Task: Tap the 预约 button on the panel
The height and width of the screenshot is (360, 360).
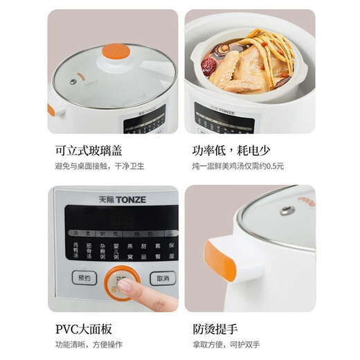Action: click(84, 279)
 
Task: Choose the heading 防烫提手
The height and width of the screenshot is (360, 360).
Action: click(215, 330)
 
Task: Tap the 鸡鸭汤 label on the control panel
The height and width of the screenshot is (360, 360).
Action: click(75, 250)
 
